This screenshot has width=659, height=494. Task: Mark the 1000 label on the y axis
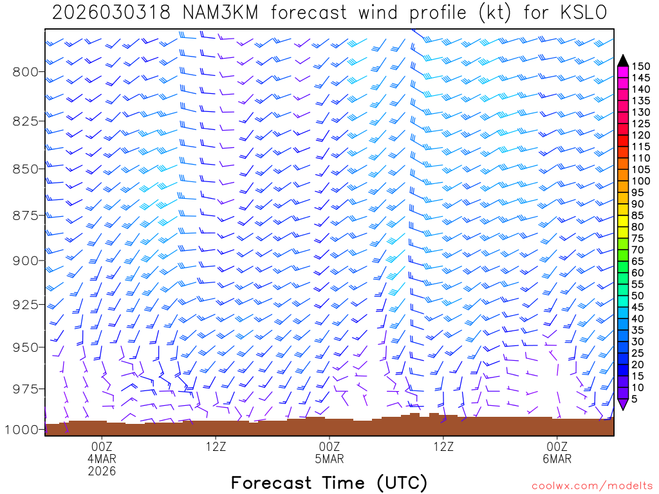(23, 430)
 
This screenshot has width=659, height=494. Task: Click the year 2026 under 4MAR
(102, 471)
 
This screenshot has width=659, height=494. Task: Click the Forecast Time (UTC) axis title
(329, 482)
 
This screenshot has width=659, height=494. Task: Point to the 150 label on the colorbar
(641, 66)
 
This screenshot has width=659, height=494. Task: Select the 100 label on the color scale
(641, 181)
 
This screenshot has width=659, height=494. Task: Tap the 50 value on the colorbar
(638, 296)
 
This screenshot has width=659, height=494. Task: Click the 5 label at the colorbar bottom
(635, 399)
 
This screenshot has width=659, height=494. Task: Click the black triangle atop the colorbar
(623, 60)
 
